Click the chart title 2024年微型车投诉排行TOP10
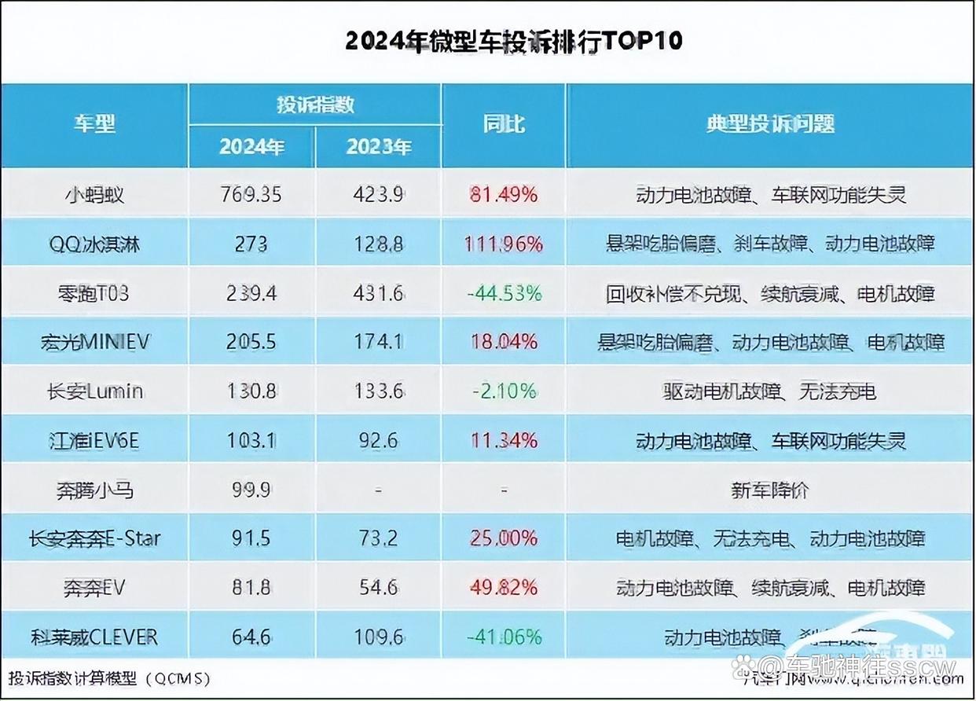pyautogui.click(x=514, y=41)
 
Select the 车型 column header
pyautogui.click(x=94, y=124)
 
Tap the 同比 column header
pyautogui.click(x=503, y=124)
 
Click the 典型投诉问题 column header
pyautogui.click(x=769, y=124)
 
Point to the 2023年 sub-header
pyautogui.click(x=379, y=147)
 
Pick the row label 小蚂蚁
pyautogui.click(x=94, y=194)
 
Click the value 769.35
pyautogui.click(x=251, y=194)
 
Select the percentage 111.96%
pyautogui.click(x=503, y=244)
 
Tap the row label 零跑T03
pyautogui.click(x=94, y=293)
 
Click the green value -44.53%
pyautogui.click(x=503, y=293)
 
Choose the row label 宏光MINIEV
pyautogui.click(x=94, y=342)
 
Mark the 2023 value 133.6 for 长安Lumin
pyautogui.click(x=379, y=391)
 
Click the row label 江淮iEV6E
pyautogui.click(x=94, y=440)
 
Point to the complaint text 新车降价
pyautogui.click(x=769, y=490)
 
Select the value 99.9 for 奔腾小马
pyautogui.click(x=251, y=490)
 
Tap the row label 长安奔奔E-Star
pyautogui.click(x=94, y=538)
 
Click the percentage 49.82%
pyautogui.click(x=503, y=587)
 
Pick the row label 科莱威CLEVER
pyautogui.click(x=94, y=636)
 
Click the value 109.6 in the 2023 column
pyautogui.click(x=379, y=636)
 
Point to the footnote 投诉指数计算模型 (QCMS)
pyautogui.click(x=110, y=677)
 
